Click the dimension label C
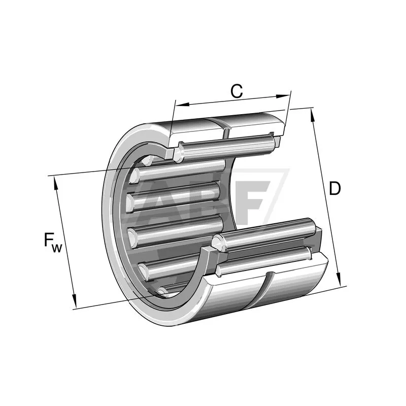236,91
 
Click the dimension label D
335,188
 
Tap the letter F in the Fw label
48,240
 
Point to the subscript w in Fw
57,248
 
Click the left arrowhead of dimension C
182,105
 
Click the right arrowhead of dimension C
283,96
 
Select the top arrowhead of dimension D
313,116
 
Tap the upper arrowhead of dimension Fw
56,184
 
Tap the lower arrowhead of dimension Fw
74,300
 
